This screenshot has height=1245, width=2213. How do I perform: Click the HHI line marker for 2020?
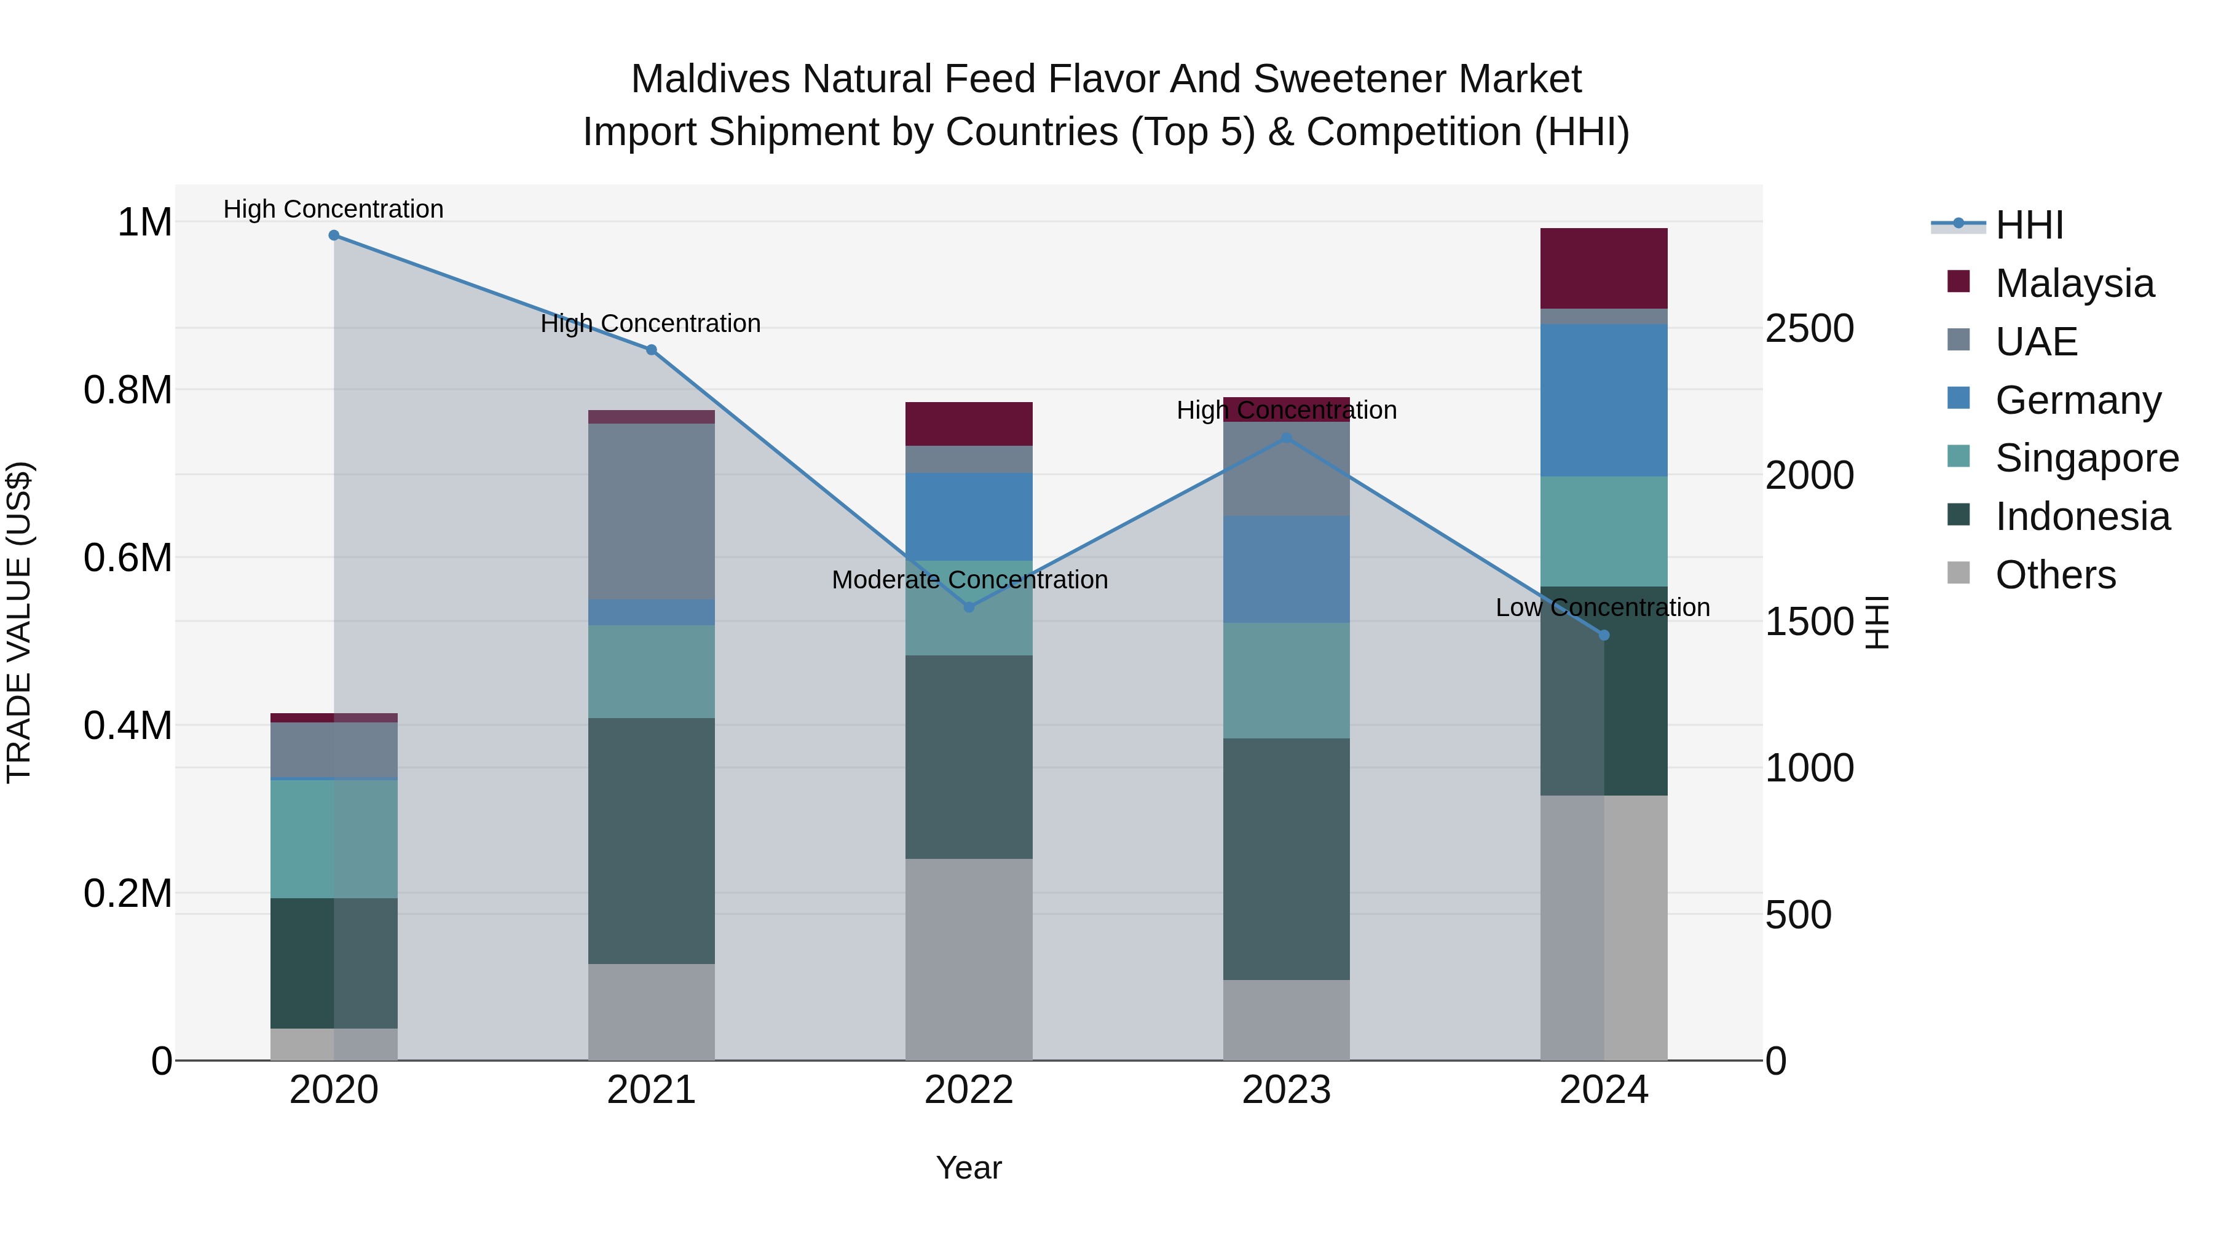(334, 235)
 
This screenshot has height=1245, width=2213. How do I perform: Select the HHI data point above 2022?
(969, 607)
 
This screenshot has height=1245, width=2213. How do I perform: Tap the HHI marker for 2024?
(1604, 636)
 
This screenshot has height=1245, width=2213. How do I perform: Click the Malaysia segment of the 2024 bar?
(1604, 268)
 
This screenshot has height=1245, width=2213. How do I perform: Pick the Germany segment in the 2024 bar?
(1604, 400)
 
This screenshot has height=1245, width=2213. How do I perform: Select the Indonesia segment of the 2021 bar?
(651, 840)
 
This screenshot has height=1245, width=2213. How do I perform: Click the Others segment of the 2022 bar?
(969, 959)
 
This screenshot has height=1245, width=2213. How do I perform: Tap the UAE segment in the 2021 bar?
(651, 512)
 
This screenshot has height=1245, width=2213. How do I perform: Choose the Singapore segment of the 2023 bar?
(1286, 681)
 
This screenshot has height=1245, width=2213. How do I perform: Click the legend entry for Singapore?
(2087, 459)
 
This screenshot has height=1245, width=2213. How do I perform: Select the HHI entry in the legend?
(2029, 225)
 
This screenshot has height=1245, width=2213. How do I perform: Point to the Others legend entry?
(2055, 575)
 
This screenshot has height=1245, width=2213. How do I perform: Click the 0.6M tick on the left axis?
(128, 558)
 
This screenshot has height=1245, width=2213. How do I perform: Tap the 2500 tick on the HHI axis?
(1809, 329)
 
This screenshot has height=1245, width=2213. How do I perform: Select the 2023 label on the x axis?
(1286, 1090)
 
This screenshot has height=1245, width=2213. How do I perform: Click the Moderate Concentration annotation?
(969, 580)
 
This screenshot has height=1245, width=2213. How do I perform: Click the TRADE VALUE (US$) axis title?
(19, 622)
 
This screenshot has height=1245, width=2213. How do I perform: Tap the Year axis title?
(968, 1168)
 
